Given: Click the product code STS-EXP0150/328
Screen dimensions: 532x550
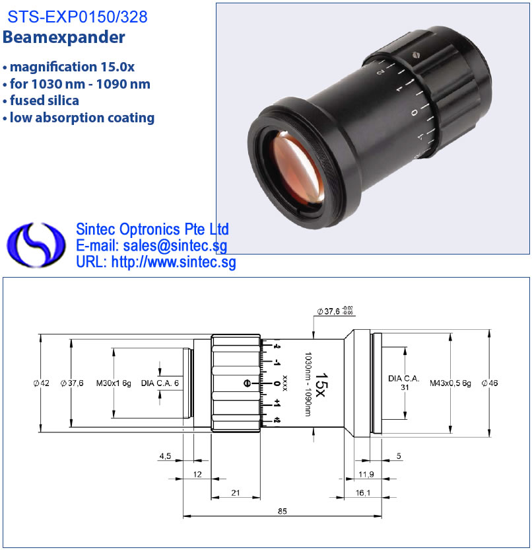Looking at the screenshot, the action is coord(77,17).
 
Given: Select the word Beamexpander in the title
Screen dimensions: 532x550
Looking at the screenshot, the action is coord(64,37).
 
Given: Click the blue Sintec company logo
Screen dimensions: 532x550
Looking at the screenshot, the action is coord(36,245).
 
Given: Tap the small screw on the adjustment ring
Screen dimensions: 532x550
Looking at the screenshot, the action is coord(416,55).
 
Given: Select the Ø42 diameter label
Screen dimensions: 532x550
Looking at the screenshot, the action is coord(42,383).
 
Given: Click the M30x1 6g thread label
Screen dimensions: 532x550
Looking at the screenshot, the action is coord(114,383).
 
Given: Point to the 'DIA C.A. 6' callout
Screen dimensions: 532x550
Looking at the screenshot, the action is coord(160,383).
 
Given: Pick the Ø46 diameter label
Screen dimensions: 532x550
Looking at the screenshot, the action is coord(490,383).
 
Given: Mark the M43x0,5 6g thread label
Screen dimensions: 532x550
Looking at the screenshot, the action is coord(450,383).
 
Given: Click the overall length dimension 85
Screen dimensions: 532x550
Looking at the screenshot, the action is coord(283,511).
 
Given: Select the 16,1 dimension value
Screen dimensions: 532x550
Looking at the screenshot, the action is coord(363,493).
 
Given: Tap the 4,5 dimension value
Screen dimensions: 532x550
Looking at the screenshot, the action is coord(165,456).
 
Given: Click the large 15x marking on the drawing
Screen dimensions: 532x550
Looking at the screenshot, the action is coord(321,385).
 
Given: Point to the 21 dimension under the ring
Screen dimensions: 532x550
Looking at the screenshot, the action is coord(236,493).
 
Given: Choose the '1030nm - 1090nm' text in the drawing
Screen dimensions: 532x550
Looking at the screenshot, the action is coord(308,385).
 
